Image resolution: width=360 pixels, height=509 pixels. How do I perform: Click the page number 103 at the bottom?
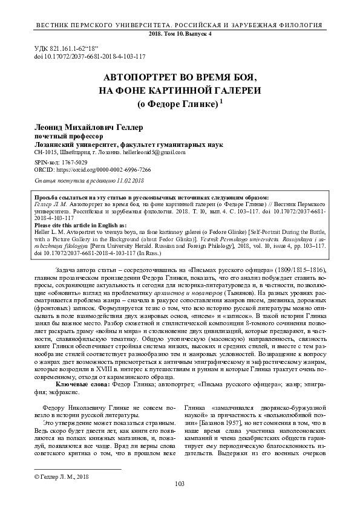[x=179, y=484]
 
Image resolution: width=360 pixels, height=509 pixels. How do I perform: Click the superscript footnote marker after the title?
[x=221, y=102]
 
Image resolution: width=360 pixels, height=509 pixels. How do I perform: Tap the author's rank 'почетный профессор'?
[x=61, y=137]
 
